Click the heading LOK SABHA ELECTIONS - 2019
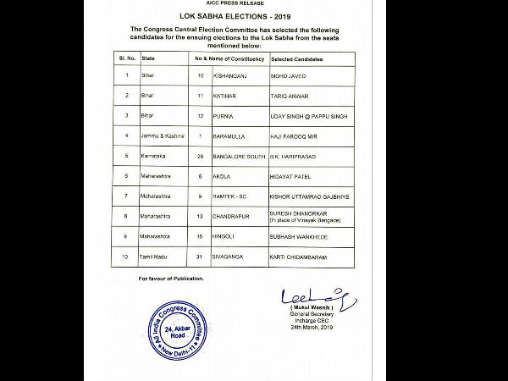(253, 16)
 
